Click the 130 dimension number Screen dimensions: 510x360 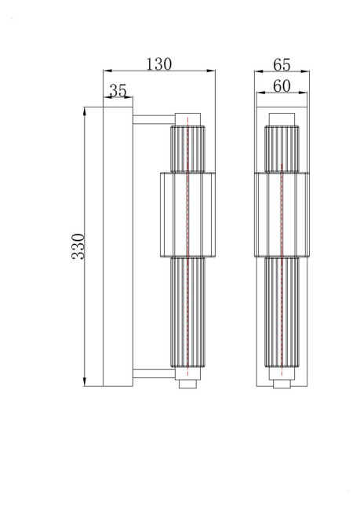[x=158, y=64]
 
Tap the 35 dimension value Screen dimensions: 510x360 [x=118, y=91]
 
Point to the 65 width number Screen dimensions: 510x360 [x=282, y=64]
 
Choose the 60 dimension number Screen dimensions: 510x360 [x=282, y=86]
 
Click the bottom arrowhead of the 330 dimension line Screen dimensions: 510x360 [x=85, y=384]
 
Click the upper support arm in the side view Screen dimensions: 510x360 [x=151, y=119]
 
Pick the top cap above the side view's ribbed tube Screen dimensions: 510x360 [x=187, y=118]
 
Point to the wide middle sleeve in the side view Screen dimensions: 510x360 [x=187, y=214]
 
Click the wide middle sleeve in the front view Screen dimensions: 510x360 [x=282, y=214]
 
